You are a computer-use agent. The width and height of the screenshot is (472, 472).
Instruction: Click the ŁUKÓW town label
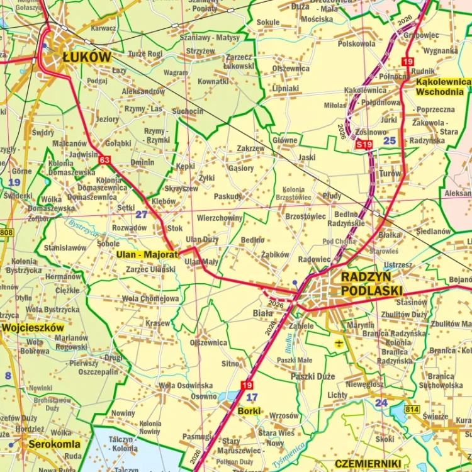click(x=86, y=57)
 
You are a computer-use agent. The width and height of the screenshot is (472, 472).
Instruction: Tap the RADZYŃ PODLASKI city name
click(x=371, y=283)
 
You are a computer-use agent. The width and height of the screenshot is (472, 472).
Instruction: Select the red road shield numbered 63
click(x=104, y=160)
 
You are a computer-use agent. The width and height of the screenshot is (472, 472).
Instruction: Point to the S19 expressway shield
click(x=364, y=145)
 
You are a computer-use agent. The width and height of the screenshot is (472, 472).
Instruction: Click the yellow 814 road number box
click(x=412, y=410)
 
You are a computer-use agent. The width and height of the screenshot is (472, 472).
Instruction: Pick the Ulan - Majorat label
click(x=147, y=255)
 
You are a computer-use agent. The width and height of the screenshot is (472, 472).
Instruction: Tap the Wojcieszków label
click(x=33, y=328)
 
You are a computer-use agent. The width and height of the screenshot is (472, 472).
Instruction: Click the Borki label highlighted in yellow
click(x=250, y=411)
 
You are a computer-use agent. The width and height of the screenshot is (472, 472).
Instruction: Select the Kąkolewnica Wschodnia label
click(x=443, y=87)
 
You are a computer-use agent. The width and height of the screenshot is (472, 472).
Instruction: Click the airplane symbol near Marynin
click(x=340, y=343)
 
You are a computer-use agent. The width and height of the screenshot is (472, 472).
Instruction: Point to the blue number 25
click(x=390, y=140)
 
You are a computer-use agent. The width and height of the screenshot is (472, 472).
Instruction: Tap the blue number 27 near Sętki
click(x=142, y=214)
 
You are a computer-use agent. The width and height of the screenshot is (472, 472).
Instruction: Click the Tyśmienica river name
click(x=289, y=454)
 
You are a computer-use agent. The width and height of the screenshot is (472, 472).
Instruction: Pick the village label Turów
click(x=390, y=173)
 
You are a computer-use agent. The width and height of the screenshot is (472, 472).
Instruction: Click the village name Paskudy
click(x=227, y=196)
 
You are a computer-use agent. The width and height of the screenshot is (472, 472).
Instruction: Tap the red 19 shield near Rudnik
click(x=408, y=62)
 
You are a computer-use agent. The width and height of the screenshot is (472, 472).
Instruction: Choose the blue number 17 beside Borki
click(x=252, y=396)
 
